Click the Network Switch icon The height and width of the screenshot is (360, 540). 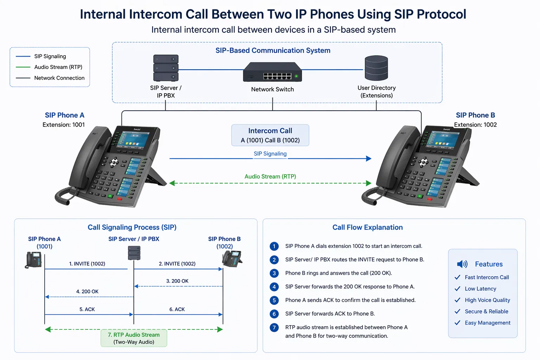tap(272, 72)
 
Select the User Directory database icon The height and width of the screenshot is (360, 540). tap(376, 68)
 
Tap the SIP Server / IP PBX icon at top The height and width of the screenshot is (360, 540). tap(166, 68)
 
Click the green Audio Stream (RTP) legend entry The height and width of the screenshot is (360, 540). tap(58, 67)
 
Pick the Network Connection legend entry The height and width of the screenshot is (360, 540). tap(59, 78)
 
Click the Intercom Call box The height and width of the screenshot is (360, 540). tap(270, 135)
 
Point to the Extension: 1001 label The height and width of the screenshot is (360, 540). tap(64, 125)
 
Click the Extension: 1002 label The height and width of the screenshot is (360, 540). tap(475, 125)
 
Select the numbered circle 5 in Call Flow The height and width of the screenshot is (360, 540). tap(274, 301)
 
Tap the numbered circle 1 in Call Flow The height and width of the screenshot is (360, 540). tap(274, 246)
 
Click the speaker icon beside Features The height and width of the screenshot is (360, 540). tap(462, 264)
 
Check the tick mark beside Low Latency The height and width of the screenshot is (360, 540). tap(457, 289)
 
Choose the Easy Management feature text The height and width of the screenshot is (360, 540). tap(487, 323)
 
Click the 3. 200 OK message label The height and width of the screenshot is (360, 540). tap(177, 281)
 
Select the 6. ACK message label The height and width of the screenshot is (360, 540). tap(177, 309)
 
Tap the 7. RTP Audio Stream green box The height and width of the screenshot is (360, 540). tap(134, 338)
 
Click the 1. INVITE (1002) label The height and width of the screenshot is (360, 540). tap(87, 264)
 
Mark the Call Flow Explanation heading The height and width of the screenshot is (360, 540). tap(367, 227)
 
